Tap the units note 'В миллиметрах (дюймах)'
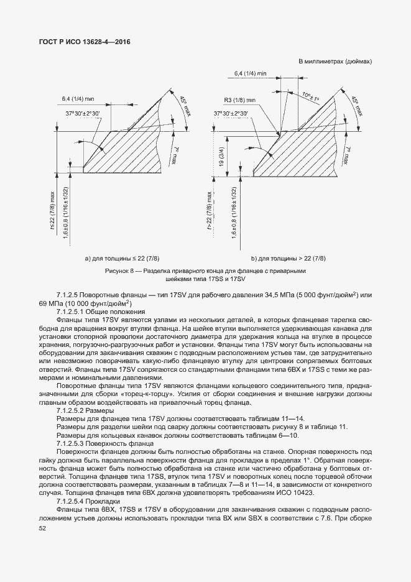tap(335, 62)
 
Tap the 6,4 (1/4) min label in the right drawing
tap(250, 73)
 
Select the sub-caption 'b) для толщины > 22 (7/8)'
tap(288, 257)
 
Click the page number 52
tap(42, 528)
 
